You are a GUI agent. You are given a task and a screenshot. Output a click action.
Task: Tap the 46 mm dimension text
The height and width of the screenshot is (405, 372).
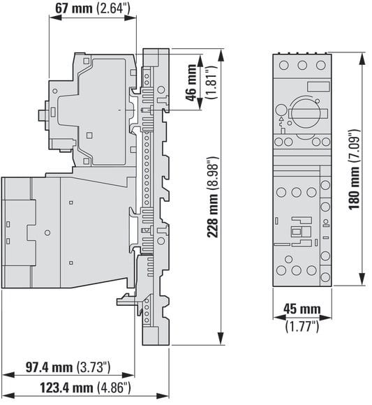[191, 82]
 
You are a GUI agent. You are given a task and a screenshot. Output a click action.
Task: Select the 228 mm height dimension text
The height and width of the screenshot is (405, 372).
[213, 197]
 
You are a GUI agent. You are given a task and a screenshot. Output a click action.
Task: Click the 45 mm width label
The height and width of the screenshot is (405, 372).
[302, 309]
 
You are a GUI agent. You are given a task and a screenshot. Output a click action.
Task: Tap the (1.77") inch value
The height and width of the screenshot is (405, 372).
[302, 326]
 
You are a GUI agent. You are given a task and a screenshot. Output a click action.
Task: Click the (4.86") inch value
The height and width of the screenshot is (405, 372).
[114, 388]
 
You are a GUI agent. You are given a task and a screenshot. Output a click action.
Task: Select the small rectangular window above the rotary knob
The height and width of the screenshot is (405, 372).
[318, 87]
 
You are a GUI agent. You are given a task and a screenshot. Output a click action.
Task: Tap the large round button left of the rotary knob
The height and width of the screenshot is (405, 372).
[281, 110]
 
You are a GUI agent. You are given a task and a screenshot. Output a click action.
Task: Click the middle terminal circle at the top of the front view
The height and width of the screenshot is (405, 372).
[302, 65]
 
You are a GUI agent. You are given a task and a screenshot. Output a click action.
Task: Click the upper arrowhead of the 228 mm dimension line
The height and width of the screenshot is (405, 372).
[221, 56]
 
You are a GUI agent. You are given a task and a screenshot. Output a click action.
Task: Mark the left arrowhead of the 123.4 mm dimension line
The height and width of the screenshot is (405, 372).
[8, 395]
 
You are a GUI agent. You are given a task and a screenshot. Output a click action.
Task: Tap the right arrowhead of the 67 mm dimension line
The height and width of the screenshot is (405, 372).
[130, 17]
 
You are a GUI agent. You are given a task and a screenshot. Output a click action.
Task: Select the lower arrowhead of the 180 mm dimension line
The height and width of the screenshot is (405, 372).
[362, 279]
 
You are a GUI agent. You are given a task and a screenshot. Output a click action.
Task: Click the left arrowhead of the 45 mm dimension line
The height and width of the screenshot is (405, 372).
[279, 318]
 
